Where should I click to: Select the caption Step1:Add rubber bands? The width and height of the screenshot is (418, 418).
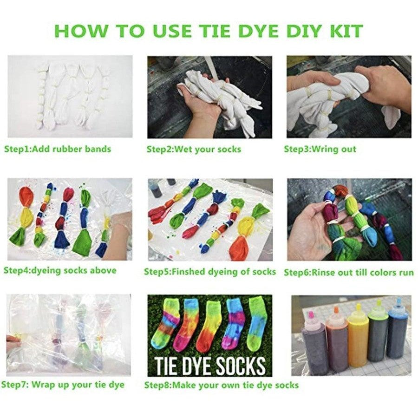58,149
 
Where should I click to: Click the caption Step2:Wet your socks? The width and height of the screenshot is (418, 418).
194,149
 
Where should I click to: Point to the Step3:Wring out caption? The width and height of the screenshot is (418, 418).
320,149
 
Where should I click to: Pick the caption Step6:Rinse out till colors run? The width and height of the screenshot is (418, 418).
348,272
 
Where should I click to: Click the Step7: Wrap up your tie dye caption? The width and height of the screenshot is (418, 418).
63,385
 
